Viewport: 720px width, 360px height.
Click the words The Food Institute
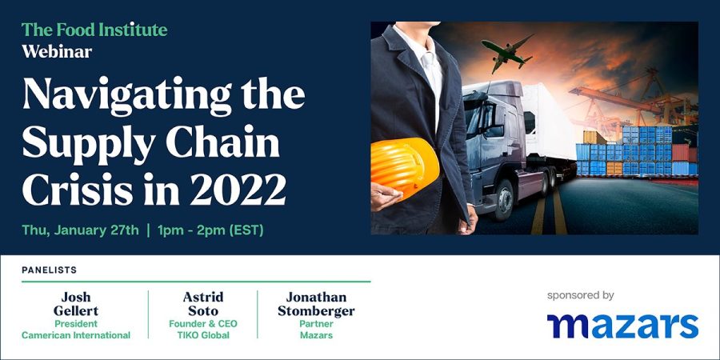pyautogui.click(x=94, y=30)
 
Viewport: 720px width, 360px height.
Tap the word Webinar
pyautogui.click(x=57, y=50)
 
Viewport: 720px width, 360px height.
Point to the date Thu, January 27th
pyautogui.click(x=80, y=230)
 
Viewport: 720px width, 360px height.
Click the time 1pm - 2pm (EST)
pyautogui.click(x=210, y=230)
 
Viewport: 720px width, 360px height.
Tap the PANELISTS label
pyautogui.click(x=49, y=270)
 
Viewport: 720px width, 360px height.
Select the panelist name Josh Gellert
pyautogui.click(x=76, y=304)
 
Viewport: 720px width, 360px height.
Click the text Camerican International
pyautogui.click(x=76, y=335)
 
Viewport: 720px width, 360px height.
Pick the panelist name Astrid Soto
pyautogui.click(x=203, y=304)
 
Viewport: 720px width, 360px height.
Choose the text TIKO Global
pyautogui.click(x=203, y=335)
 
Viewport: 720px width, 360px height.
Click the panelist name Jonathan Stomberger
pyautogui.click(x=316, y=304)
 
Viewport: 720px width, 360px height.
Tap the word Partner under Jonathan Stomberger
pyautogui.click(x=316, y=324)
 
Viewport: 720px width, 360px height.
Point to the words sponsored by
pyautogui.click(x=581, y=295)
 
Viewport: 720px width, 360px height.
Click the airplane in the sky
pyautogui.click(x=507, y=53)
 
